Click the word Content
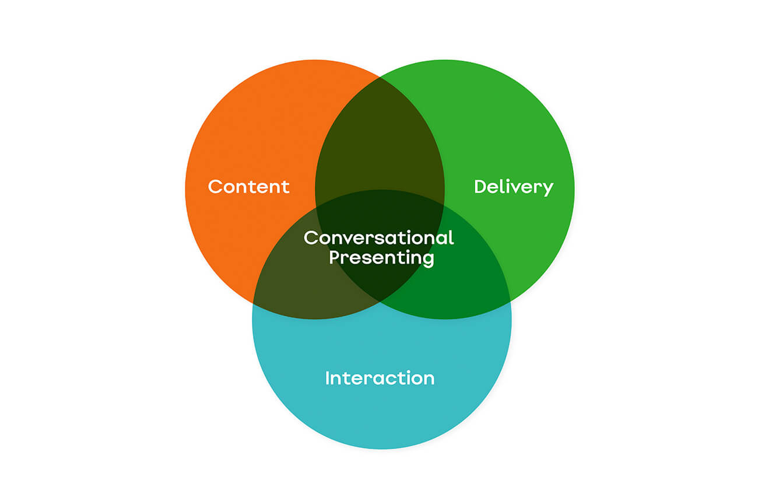[248, 187]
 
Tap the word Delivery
[513, 187]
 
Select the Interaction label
[380, 378]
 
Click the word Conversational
[378, 237]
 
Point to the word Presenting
[381, 257]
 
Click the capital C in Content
[216, 187]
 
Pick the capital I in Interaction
[328, 378]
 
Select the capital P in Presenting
[335, 257]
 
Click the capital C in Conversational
[311, 237]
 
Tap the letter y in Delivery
[547, 189]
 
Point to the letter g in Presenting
[428, 260]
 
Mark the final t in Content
[286, 187]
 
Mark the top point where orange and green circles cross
[380, 76]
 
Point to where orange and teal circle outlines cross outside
[254, 304]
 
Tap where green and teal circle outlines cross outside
[510, 300]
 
